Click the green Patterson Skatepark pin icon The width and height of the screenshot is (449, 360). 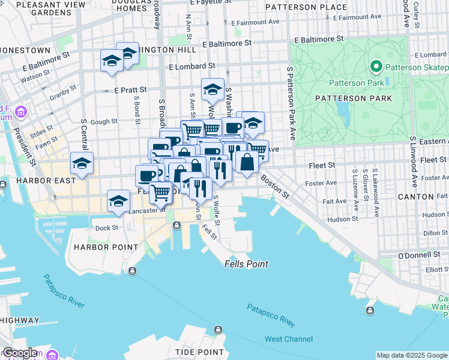click(377, 66)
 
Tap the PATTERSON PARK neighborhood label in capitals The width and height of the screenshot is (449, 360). click(362, 98)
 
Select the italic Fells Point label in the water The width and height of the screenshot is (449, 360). click(246, 264)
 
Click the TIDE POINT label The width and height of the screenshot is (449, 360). click(199, 352)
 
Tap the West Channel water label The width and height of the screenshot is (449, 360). click(289, 339)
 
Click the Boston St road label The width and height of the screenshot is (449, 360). click(275, 187)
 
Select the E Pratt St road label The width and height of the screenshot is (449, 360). click(130, 91)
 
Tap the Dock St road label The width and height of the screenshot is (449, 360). click(106, 227)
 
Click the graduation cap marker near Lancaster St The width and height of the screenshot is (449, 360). click(119, 200)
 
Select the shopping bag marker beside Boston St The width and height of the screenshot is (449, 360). click(247, 161)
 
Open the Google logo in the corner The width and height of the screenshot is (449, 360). click(19, 353)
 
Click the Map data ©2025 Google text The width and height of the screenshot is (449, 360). click(412, 355)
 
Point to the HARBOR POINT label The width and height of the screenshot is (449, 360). click(98, 247)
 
